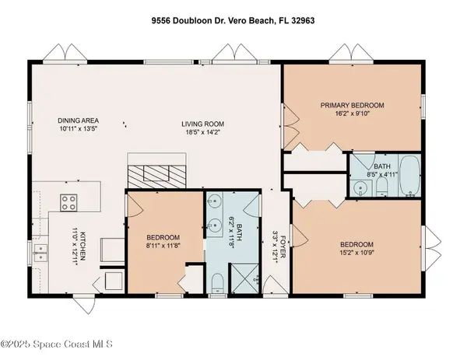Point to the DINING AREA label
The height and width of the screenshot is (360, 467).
pos(77,121)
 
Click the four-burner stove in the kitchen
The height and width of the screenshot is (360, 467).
pos(68,202)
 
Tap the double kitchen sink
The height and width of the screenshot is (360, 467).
pos(39,251)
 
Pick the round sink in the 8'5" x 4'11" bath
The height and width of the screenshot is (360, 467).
pos(360,188)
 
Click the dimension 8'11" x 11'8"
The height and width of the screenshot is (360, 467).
pos(163,246)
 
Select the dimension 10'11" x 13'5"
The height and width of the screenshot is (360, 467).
pos(77,130)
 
